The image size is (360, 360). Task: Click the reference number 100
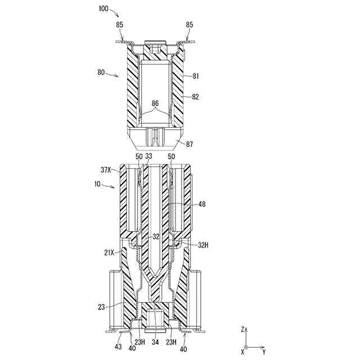click(103, 8)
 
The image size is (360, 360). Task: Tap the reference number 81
click(195, 75)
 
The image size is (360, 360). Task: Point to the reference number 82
click(195, 97)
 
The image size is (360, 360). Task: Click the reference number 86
click(155, 103)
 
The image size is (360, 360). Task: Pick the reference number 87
click(190, 145)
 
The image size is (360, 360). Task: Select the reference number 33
click(148, 156)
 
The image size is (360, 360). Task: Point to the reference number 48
click(201, 205)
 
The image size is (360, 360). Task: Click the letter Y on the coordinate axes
click(263, 352)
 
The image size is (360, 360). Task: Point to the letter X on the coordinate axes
click(242, 352)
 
